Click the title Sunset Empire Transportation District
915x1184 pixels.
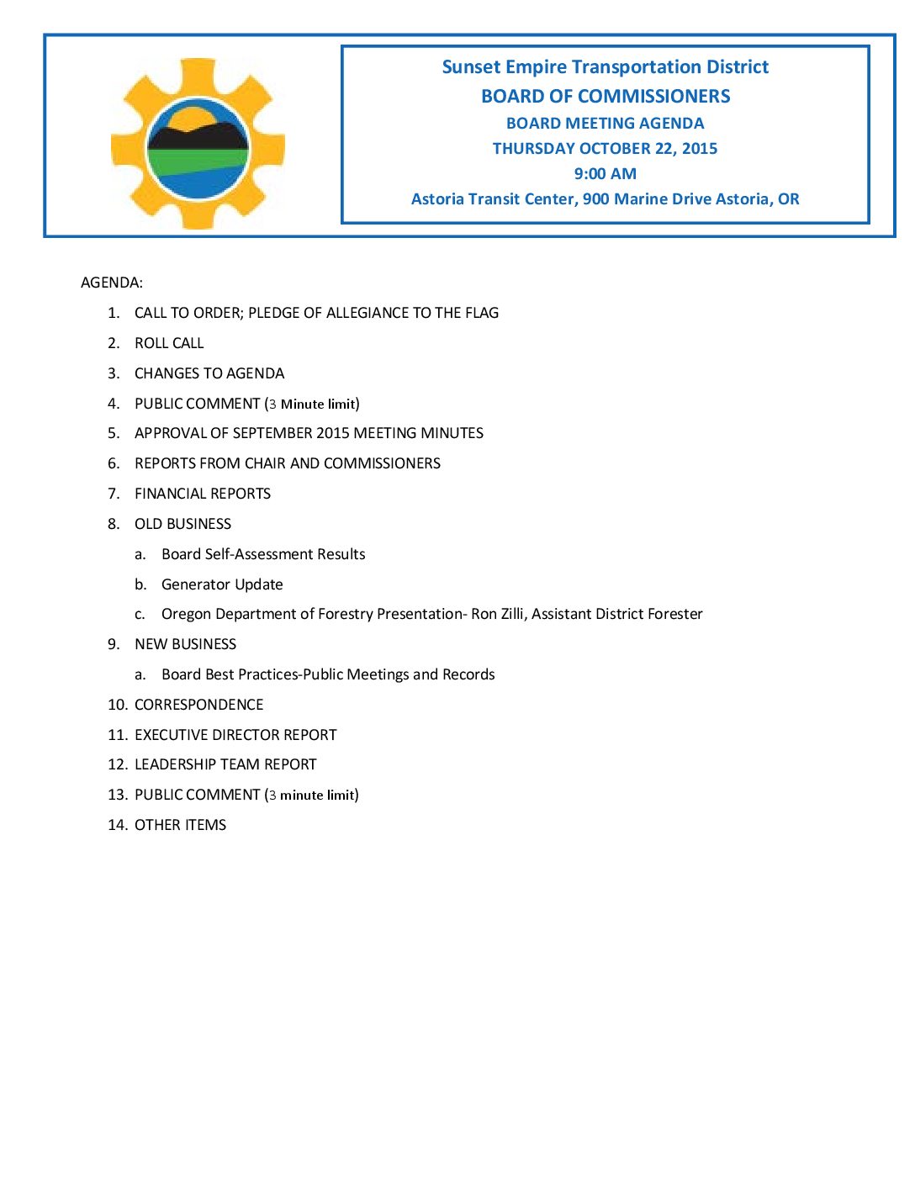coord(605,67)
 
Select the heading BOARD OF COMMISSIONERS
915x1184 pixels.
coord(605,97)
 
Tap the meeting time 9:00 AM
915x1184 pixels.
coord(605,174)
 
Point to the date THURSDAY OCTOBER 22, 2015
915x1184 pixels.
coord(605,149)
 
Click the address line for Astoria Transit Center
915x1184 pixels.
coord(605,199)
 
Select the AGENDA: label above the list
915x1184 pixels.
coord(112,283)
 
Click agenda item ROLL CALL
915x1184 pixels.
coord(169,343)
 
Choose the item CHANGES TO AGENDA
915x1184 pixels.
coord(209,373)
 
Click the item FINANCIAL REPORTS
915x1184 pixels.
coord(203,494)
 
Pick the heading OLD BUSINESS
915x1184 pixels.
coord(182,524)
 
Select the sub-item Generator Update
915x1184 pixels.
coord(222,584)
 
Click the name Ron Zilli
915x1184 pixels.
coord(497,614)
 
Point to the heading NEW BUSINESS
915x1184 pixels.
coord(185,644)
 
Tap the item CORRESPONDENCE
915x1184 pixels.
coord(198,705)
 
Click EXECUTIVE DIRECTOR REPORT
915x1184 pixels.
coord(235,735)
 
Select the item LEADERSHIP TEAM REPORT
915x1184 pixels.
coord(225,764)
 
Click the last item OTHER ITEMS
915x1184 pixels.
coord(180,825)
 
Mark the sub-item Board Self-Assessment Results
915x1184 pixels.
coord(263,554)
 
